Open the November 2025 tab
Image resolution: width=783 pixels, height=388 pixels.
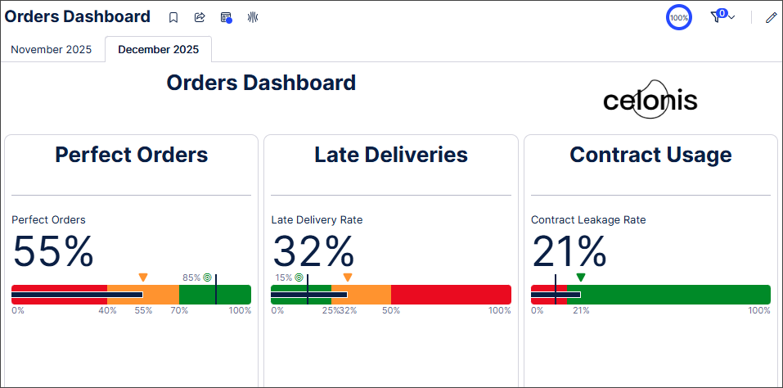tap(51, 49)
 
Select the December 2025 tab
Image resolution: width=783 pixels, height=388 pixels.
tap(158, 49)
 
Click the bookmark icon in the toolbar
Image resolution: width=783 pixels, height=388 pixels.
tap(173, 17)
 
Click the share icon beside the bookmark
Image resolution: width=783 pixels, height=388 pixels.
tap(200, 17)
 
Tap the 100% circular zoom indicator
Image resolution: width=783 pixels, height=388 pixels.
tap(679, 17)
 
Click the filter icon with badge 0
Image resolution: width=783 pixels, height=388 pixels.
tap(718, 16)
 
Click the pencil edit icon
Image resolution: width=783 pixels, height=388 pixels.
tap(771, 17)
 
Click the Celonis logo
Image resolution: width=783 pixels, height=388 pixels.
tap(650, 101)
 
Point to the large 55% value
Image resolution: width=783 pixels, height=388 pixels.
tap(53, 251)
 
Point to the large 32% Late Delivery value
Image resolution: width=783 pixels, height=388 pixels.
tap(313, 251)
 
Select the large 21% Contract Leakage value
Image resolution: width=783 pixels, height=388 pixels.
tap(569, 251)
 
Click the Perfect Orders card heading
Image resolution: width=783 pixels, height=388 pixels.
tap(131, 155)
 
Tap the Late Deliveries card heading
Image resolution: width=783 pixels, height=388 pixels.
tap(391, 155)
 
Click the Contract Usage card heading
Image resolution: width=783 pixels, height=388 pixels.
tap(650, 155)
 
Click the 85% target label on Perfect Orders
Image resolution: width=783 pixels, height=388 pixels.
tap(191, 277)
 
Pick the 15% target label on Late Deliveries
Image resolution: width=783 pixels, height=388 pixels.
tap(283, 277)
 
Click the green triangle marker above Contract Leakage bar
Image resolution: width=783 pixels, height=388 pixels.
tap(581, 277)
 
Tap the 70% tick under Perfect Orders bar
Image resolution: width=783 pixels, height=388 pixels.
tap(179, 311)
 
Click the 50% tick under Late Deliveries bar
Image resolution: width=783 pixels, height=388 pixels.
tap(391, 311)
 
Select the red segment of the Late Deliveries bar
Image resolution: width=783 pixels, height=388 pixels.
tap(450, 295)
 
